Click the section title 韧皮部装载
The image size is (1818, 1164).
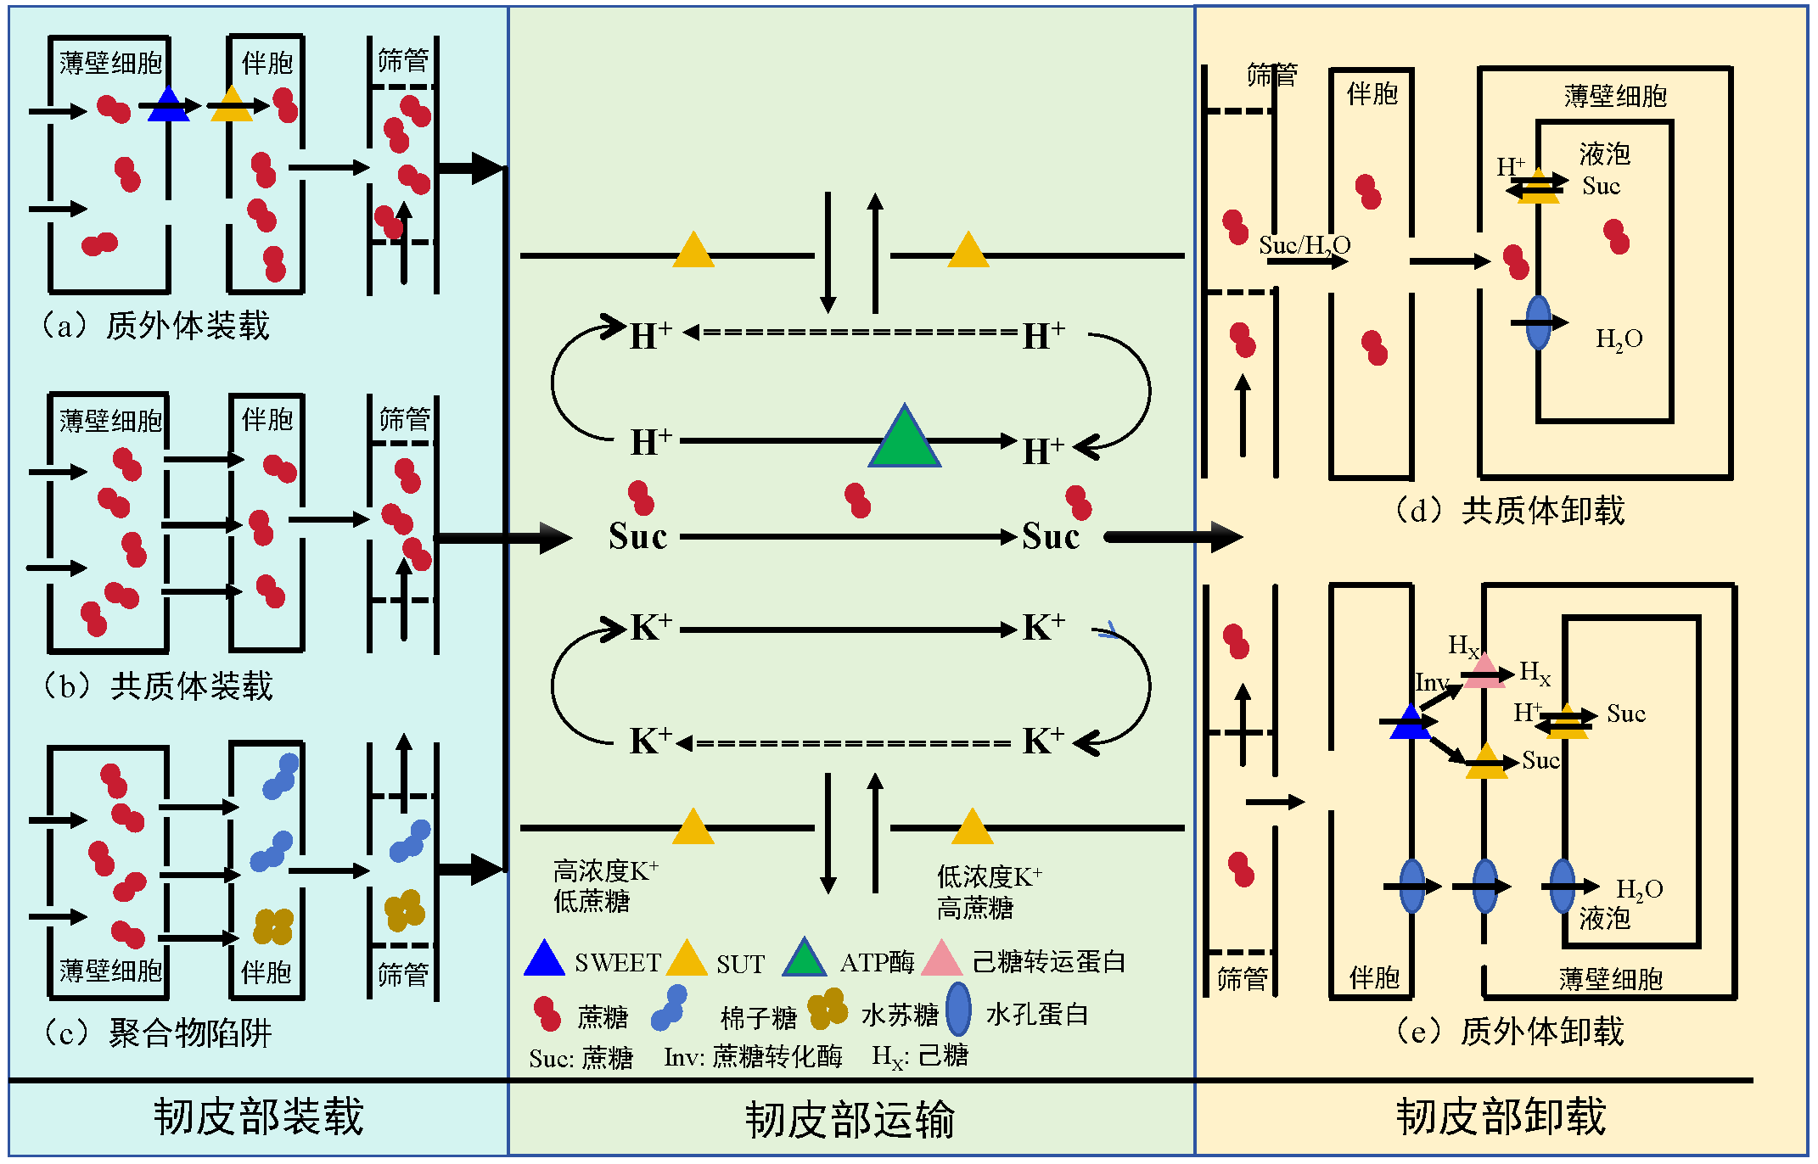[259, 1116]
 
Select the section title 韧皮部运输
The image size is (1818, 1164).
[850, 1120]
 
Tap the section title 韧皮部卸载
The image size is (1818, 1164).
[1501, 1116]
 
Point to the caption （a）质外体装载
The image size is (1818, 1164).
[155, 326]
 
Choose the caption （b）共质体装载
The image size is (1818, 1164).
[158, 686]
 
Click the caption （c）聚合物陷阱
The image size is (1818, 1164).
[157, 1032]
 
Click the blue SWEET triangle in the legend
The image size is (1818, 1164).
[544, 960]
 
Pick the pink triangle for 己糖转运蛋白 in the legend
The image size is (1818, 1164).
[940, 960]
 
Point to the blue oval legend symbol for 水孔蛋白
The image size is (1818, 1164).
[958, 1010]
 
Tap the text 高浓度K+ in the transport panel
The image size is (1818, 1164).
[605, 871]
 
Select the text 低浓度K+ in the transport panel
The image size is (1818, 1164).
[989, 876]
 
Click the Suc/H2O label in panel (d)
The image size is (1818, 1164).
[1304, 246]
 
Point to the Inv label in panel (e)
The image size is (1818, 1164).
[1431, 683]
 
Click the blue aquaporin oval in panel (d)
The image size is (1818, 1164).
[1538, 323]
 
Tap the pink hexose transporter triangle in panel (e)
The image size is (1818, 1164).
[1484, 673]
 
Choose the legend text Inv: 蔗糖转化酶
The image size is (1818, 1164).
[753, 1057]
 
